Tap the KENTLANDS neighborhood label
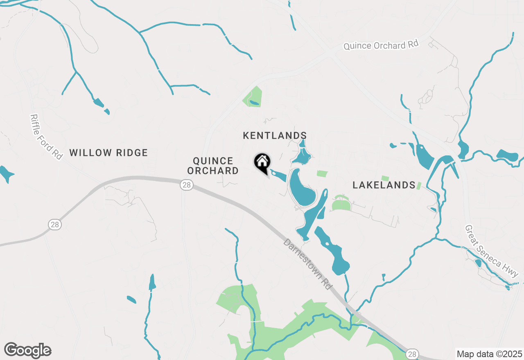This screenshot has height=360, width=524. pyautogui.click(x=275, y=135)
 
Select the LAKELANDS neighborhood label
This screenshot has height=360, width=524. pyautogui.click(x=384, y=185)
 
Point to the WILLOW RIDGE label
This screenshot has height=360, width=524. pyautogui.click(x=108, y=153)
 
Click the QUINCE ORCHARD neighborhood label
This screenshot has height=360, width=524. pyautogui.click(x=213, y=166)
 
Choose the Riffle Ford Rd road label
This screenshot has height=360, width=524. pyautogui.click(x=46, y=137)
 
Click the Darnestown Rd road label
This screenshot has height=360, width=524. pyautogui.click(x=307, y=264)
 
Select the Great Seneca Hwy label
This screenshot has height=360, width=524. pyautogui.click(x=492, y=251)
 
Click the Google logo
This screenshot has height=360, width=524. pyautogui.click(x=28, y=351)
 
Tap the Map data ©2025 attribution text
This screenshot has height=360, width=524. pyautogui.click(x=489, y=354)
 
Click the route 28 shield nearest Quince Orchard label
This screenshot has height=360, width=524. pyautogui.click(x=187, y=185)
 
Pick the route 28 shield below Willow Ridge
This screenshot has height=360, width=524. pyautogui.click(x=54, y=224)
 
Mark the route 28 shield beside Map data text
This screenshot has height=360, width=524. pyautogui.click(x=412, y=353)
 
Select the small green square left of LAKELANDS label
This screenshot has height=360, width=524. pyautogui.click(x=322, y=174)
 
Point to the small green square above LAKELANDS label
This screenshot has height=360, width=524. pyautogui.click(x=385, y=178)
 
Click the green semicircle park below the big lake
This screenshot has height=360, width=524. pyautogui.click(x=341, y=204)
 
